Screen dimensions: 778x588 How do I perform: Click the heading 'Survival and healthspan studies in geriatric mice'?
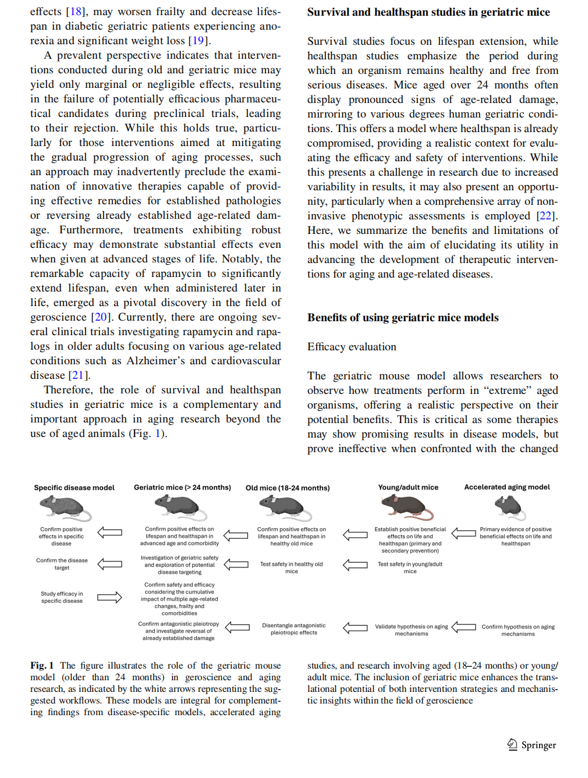[x=428, y=12]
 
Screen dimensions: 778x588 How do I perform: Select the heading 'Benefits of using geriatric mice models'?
[x=403, y=318]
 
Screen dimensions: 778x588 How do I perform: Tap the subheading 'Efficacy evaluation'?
[x=352, y=347]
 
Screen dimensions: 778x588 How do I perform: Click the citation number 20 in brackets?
[x=101, y=317]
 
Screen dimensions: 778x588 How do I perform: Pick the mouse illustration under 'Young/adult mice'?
[x=408, y=506]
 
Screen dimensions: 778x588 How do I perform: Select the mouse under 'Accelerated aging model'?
[x=511, y=506]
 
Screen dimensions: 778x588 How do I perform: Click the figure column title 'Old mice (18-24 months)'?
[x=288, y=488]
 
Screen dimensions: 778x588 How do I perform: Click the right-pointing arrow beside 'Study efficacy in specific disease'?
[x=109, y=598]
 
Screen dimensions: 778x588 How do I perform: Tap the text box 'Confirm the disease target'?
[x=62, y=564]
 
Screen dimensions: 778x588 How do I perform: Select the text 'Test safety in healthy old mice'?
[x=291, y=567]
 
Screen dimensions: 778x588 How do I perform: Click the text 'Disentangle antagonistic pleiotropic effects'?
[x=293, y=629]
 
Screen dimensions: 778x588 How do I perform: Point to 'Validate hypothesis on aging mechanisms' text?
[x=411, y=630]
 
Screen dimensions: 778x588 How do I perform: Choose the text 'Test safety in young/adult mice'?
[x=410, y=567]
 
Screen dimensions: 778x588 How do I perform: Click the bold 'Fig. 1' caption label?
[x=42, y=666]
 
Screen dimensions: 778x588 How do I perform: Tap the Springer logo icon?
[x=512, y=744]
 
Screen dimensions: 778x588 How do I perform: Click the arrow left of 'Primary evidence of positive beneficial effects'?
[x=463, y=533]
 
